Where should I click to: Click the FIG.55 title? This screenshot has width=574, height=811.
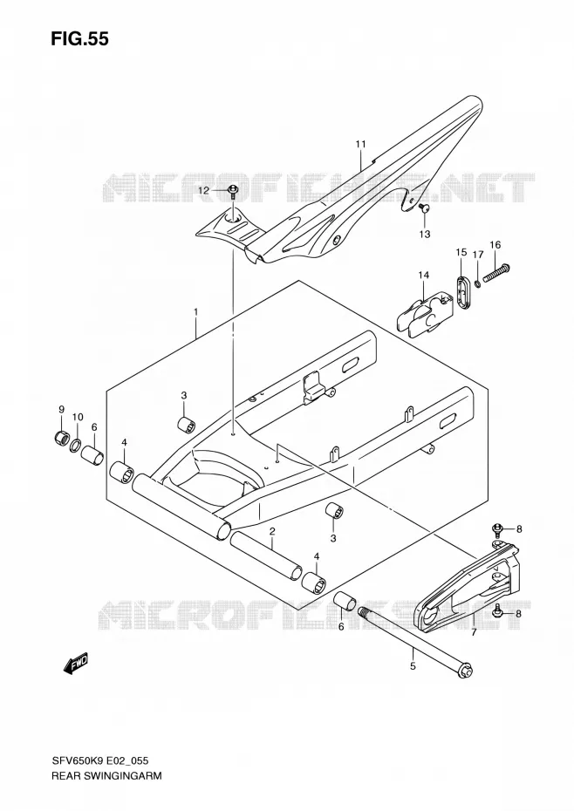(x=79, y=38)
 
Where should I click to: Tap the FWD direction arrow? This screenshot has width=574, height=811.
(x=76, y=664)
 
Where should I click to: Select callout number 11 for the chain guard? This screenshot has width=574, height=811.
(x=361, y=144)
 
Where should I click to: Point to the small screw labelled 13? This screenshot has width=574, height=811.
(x=421, y=208)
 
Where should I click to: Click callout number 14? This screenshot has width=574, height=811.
(x=424, y=276)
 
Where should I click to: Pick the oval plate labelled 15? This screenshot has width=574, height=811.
(x=462, y=293)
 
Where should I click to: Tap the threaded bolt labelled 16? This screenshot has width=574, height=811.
(x=496, y=273)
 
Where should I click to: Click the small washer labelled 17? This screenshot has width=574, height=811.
(x=478, y=282)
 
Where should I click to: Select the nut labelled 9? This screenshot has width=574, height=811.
(x=60, y=437)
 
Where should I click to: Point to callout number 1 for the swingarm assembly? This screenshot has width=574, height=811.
(x=195, y=312)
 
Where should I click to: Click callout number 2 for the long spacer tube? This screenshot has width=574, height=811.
(x=271, y=532)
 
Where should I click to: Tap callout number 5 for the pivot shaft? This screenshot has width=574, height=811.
(x=413, y=666)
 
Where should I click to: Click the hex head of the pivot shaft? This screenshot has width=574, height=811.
(x=465, y=671)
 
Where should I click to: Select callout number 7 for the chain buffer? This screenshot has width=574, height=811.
(x=473, y=632)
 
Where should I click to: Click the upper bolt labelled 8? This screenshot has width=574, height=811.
(x=498, y=529)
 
